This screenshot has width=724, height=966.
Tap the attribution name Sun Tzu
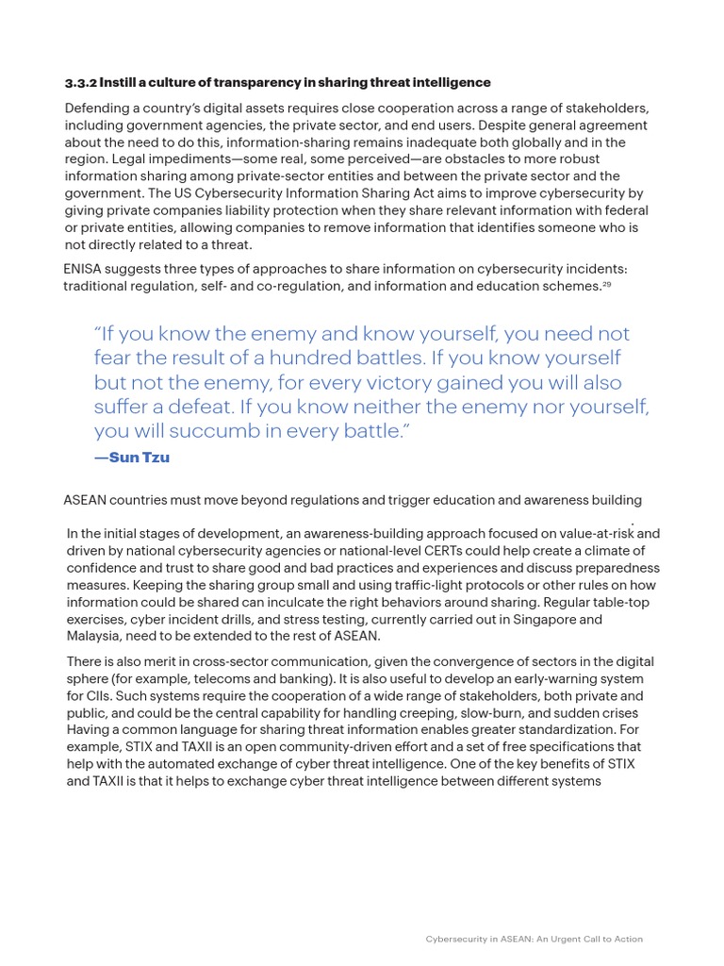click(x=140, y=458)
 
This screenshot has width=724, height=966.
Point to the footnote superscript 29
click(x=606, y=284)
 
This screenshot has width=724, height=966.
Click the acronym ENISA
click(x=86, y=269)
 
